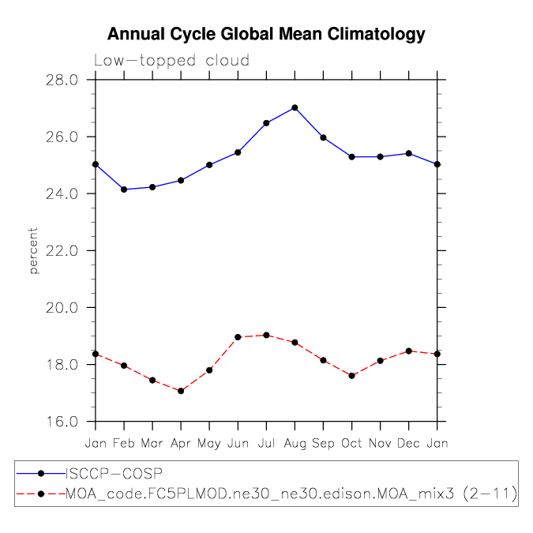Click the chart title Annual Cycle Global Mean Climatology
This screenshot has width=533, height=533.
pos(266,35)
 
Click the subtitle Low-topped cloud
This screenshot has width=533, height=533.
pos(171,61)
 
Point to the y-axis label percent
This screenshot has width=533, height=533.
pos(33,250)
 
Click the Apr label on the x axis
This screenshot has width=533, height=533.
pos(181,443)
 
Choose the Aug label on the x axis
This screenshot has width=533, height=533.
pos(295,443)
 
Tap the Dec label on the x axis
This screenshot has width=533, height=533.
pos(408,443)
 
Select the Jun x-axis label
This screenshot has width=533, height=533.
pos(238,443)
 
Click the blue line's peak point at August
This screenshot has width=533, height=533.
pos(295,107)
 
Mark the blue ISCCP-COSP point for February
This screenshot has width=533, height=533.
pos(124,190)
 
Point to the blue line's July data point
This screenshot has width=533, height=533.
pos(266,123)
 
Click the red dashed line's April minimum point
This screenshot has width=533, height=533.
pos(181,391)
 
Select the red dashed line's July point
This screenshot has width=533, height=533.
pos(266,335)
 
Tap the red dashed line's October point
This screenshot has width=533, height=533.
pos(351,376)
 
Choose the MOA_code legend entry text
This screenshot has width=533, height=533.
pos(291,494)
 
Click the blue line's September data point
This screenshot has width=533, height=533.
pos(323,137)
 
